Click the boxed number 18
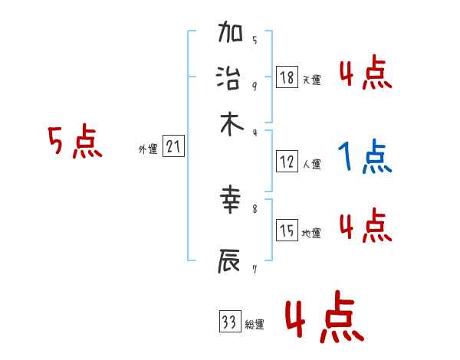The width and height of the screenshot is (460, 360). [x=287, y=77]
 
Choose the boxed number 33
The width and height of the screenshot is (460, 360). [x=228, y=322]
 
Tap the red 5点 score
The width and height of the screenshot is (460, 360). [x=74, y=143]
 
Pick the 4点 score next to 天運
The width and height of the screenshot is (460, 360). [x=365, y=74]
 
